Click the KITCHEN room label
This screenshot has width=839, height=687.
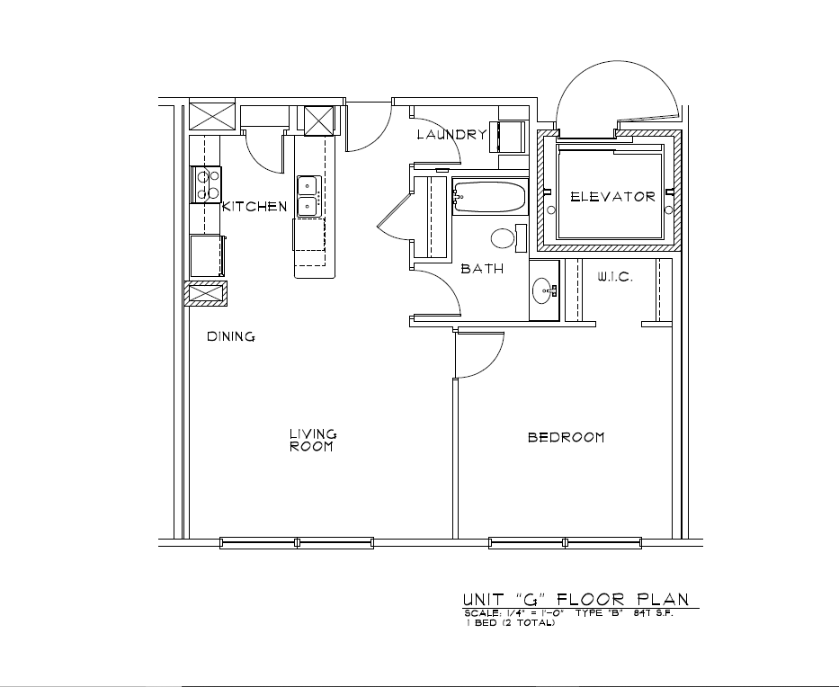point(254,207)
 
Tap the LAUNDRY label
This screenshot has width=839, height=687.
point(452,134)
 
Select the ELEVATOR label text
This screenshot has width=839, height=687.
point(612,197)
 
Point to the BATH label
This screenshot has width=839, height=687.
point(482,269)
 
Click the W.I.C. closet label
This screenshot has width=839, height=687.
point(615,277)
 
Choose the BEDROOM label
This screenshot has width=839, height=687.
point(567,438)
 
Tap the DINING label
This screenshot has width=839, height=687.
point(230,336)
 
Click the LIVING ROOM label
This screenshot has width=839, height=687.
point(313,441)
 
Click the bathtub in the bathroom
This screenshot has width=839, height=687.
point(490,197)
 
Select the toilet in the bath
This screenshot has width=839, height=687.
point(509,238)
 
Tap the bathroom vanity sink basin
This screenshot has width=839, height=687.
point(544,291)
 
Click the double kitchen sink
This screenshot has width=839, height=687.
point(309,196)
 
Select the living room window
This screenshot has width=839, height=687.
point(297,543)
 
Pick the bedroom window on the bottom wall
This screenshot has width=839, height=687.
point(565,543)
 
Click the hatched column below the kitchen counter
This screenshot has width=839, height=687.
point(206,294)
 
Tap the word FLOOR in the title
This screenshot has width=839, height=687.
point(591,599)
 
